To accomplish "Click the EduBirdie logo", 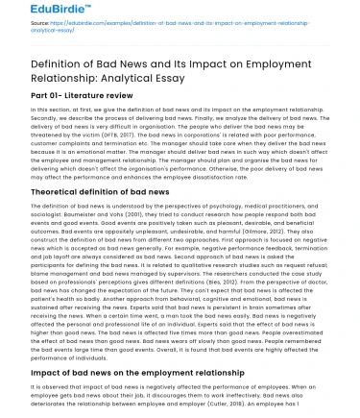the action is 38,11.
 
